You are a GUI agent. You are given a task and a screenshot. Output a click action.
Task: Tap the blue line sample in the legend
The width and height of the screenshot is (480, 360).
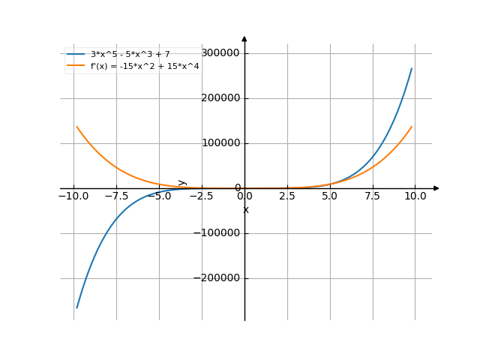[x=76, y=54]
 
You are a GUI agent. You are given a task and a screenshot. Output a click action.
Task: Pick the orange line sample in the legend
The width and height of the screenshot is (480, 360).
[x=76, y=66]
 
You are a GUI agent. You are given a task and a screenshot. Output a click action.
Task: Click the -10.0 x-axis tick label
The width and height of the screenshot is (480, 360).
[x=73, y=196]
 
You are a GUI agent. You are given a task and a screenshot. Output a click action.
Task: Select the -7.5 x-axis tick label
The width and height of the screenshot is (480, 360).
[x=115, y=196]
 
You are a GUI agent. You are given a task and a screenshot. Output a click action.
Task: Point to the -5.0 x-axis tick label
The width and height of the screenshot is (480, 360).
[x=158, y=196]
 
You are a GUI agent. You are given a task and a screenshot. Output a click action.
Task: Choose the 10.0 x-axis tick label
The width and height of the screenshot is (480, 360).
[x=415, y=196]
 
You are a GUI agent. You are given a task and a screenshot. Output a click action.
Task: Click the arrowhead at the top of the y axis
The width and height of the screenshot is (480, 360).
[x=244, y=37]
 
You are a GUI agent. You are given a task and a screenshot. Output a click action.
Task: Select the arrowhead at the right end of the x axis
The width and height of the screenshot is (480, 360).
[x=436, y=188]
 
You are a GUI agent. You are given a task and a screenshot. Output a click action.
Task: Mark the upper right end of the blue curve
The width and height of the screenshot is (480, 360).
[x=412, y=68]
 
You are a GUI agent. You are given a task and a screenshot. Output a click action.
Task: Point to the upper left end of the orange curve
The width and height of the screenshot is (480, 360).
[x=76, y=127]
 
